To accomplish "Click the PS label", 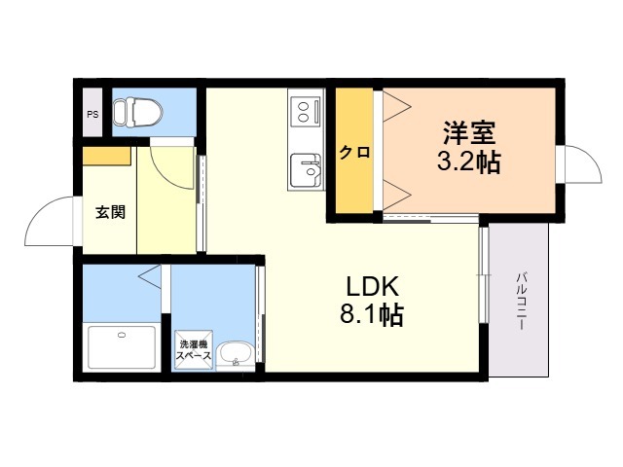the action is [92, 115].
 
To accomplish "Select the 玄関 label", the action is [110, 212].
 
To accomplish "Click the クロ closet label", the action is [354, 152].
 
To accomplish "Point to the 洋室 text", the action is [469, 132].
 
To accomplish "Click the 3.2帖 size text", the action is [469, 162].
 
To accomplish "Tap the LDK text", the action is [372, 286].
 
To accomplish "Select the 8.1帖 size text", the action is [372, 314].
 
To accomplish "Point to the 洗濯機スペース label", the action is [194, 350].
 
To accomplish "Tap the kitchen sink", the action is [306, 170].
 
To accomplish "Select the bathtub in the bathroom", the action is [122, 347].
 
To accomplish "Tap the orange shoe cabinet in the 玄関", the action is [106, 156].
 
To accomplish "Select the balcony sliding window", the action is [484, 274].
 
